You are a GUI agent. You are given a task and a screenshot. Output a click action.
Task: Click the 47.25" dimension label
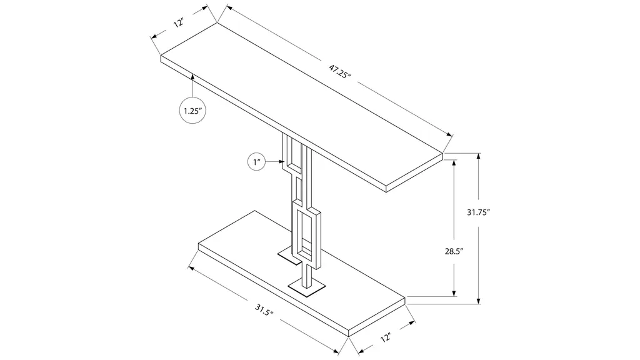340,73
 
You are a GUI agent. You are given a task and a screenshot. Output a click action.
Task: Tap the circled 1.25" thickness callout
192,111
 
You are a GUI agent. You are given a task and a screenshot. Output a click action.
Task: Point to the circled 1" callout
256,162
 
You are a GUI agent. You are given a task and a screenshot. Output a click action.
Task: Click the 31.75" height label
478,212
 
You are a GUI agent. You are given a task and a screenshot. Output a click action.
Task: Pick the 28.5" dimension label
454,251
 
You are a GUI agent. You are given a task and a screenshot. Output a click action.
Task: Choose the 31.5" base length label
264,310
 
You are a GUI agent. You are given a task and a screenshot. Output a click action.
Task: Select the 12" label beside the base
386,337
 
